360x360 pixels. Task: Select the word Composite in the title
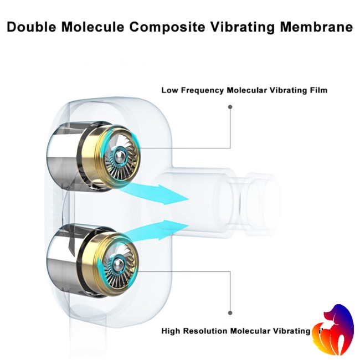(x=169, y=27)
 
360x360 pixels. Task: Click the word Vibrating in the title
(x=242, y=27)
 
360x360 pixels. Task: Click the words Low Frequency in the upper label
(x=193, y=90)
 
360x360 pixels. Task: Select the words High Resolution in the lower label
(x=196, y=331)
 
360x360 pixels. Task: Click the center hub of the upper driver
(x=117, y=158)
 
